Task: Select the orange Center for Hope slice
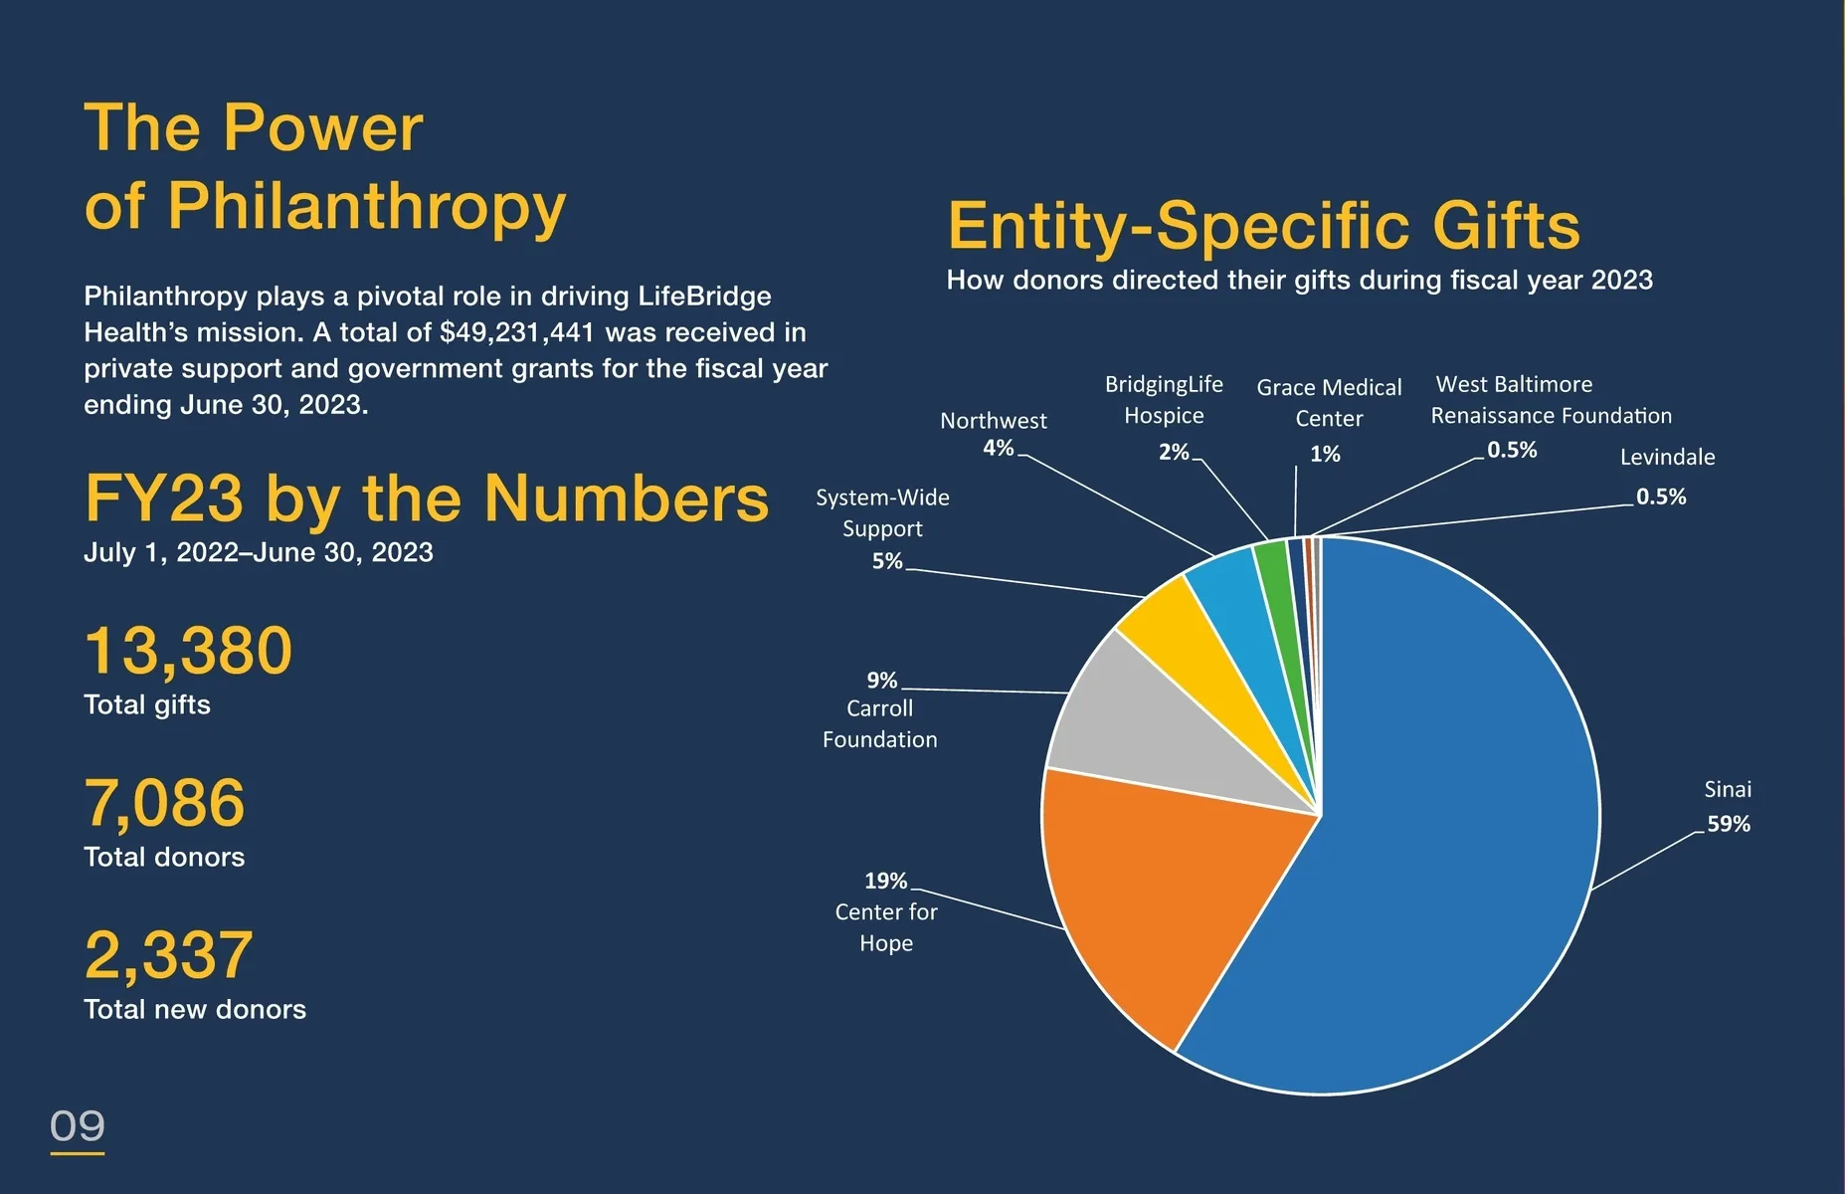click(1174, 895)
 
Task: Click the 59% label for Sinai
click(1729, 824)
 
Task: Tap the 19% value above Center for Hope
click(885, 881)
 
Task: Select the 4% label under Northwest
click(998, 448)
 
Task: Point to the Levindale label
click(1667, 457)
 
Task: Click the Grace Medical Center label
click(1329, 402)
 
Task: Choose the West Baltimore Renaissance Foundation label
click(1550, 399)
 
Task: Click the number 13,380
click(188, 651)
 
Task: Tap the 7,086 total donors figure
click(164, 803)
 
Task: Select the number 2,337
click(169, 955)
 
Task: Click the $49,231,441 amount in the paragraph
click(516, 332)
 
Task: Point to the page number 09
click(78, 1126)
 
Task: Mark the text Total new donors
click(195, 1009)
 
